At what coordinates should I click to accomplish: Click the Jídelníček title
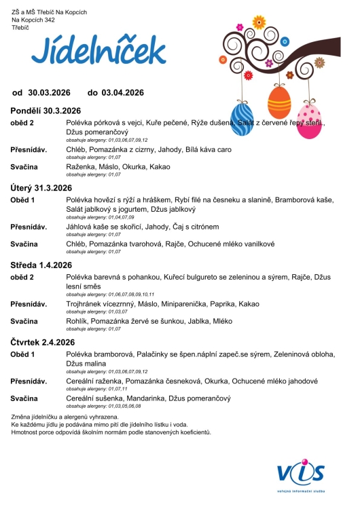pos(98,51)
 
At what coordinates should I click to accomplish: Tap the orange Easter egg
pos(279,102)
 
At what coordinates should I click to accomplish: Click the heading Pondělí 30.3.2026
pos(46,111)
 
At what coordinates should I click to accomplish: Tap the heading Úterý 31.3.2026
pos(41,187)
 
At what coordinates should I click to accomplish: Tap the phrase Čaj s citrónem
pos(195,226)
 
